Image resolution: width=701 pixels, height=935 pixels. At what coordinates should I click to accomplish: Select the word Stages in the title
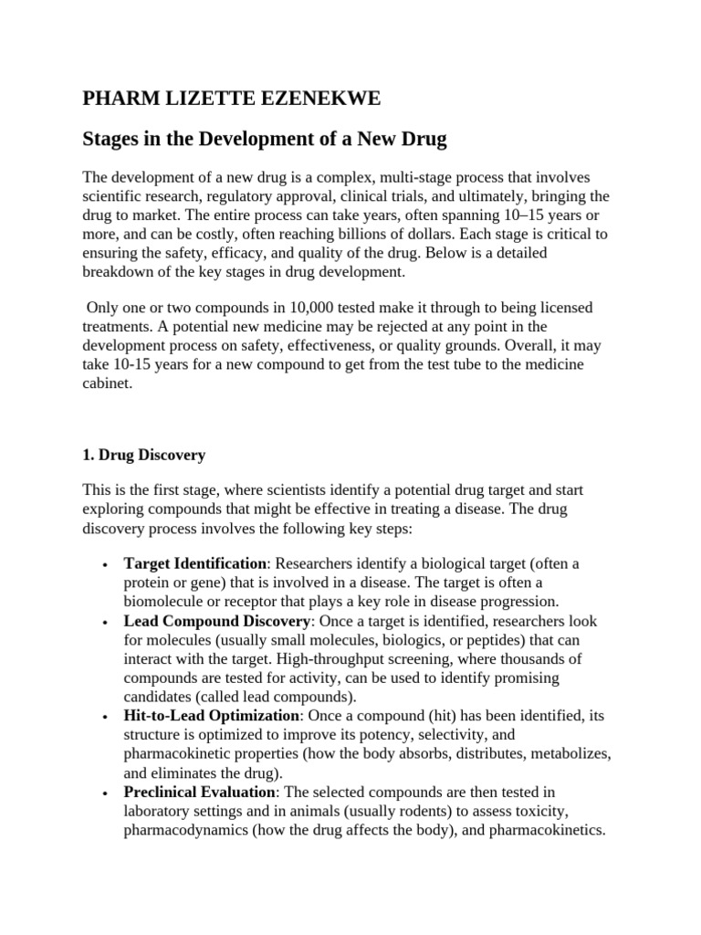click(113, 140)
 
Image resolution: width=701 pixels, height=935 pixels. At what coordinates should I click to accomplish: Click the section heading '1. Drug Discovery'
click(144, 455)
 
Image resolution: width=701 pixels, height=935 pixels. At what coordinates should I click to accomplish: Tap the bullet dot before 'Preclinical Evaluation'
click(108, 793)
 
